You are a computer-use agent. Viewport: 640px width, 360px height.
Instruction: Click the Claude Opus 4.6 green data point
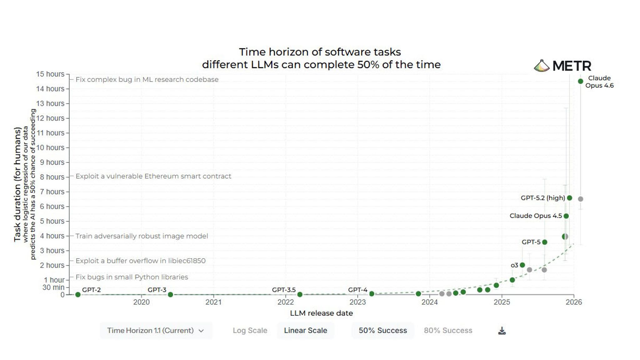pyautogui.click(x=580, y=81)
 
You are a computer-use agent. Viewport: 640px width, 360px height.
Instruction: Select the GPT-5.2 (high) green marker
pyautogui.click(x=569, y=198)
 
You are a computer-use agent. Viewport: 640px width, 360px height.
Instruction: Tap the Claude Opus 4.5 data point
pyautogui.click(x=566, y=216)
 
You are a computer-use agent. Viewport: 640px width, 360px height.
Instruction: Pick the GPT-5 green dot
pyautogui.click(x=545, y=242)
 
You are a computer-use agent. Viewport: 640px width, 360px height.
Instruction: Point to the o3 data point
pyautogui.click(x=522, y=265)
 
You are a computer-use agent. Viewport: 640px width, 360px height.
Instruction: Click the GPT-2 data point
pyautogui.click(x=78, y=295)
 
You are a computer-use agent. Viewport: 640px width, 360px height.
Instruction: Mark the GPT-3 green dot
pyautogui.click(x=170, y=294)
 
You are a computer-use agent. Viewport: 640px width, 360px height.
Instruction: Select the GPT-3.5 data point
pyautogui.click(x=300, y=294)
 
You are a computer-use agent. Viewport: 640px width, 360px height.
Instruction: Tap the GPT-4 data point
pyautogui.click(x=372, y=294)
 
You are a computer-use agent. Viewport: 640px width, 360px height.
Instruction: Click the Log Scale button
pyautogui.click(x=250, y=330)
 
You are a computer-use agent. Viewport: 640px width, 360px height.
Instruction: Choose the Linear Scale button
pyautogui.click(x=305, y=330)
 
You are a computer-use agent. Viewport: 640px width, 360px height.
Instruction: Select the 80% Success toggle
pyautogui.click(x=448, y=330)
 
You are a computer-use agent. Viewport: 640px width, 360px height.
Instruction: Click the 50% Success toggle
pyautogui.click(x=382, y=330)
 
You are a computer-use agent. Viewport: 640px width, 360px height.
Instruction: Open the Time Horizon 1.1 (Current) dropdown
pyautogui.click(x=156, y=330)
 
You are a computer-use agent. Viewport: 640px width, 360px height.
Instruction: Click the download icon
pyautogui.click(x=502, y=331)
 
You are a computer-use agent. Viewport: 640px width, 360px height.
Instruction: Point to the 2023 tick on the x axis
pyautogui.click(x=357, y=302)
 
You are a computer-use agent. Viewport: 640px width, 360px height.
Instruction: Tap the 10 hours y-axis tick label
pyautogui.click(x=50, y=147)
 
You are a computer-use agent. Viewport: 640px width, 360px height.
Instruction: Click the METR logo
pyautogui.click(x=562, y=66)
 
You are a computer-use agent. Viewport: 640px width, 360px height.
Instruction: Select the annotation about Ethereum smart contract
pyautogui.click(x=153, y=176)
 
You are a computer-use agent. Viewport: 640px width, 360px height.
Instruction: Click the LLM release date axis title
pyautogui.click(x=321, y=313)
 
